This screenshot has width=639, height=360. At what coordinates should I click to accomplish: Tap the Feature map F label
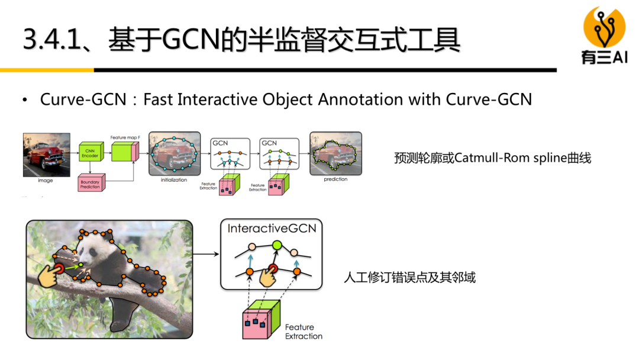[x=125, y=137]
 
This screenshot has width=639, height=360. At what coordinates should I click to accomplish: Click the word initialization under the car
[x=173, y=180]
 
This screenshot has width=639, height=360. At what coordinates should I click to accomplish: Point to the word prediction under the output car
[x=335, y=179]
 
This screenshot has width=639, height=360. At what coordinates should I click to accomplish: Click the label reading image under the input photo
[x=46, y=180]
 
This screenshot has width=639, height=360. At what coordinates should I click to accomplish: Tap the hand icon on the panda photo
[x=50, y=274]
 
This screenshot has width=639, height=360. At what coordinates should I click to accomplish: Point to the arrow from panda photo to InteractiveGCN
[x=205, y=255]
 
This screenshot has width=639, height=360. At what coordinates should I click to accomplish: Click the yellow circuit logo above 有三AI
[x=604, y=27]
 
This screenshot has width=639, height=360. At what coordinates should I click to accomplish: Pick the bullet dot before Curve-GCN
[x=25, y=99]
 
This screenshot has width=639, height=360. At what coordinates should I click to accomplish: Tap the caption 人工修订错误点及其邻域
[x=409, y=277]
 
